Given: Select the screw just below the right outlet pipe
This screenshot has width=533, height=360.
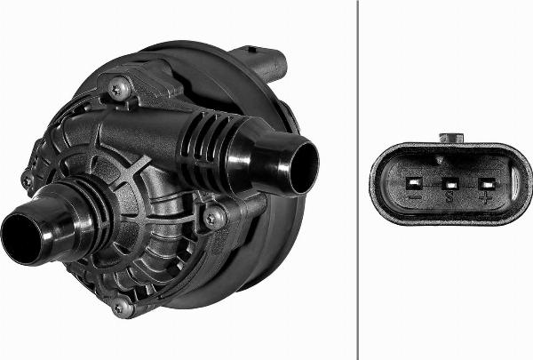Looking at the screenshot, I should point(213,216).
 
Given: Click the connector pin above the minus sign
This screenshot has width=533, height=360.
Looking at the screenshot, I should point(414,183).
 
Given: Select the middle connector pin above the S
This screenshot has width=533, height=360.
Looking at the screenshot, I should point(449,184).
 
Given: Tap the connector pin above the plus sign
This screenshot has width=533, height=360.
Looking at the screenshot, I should point(485,184).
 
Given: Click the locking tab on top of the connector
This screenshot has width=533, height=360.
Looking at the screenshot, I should point(451,138).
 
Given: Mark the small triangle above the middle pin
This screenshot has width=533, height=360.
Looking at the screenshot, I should point(450,162).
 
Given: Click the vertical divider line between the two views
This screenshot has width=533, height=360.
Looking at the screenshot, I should point(357,178).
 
